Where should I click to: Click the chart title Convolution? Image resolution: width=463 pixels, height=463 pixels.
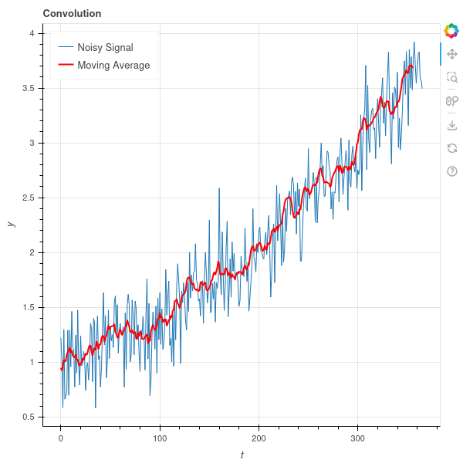(72, 13)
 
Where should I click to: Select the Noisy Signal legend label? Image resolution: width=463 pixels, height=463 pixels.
(110, 48)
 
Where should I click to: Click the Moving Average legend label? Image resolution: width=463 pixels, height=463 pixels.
(113, 66)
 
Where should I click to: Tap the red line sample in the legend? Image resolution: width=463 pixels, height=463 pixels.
(66, 66)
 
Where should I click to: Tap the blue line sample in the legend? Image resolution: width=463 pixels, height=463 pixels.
(66, 48)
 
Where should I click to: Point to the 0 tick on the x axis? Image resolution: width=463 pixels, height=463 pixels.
(60, 438)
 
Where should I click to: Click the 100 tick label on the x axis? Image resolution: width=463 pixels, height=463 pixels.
(160, 438)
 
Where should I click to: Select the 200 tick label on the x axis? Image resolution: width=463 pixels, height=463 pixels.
(259, 438)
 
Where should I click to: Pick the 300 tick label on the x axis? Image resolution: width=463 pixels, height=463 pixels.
(358, 438)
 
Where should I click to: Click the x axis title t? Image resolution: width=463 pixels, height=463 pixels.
(242, 455)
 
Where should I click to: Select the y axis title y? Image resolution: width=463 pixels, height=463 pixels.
(11, 224)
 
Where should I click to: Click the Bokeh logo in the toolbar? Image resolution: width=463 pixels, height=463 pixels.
(451, 31)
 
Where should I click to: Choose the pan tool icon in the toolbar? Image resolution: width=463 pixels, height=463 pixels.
(452, 54)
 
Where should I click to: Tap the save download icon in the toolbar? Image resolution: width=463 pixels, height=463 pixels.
(452, 124)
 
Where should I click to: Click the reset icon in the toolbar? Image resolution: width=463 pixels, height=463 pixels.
(452, 147)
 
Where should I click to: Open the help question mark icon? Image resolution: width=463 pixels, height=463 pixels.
(452, 171)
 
